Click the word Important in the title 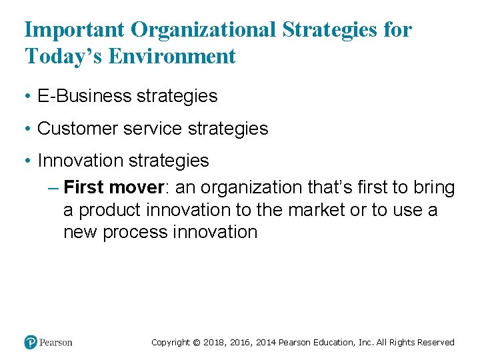pyautogui.click(x=75, y=30)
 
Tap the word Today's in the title pyautogui.click(x=62, y=57)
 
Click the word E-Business pyautogui.click(x=85, y=96)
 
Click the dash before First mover pyautogui.click(x=54, y=188)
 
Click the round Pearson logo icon pyautogui.click(x=31, y=342)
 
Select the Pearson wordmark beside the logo pyautogui.click(x=56, y=343)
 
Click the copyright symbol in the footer pyautogui.click(x=196, y=343)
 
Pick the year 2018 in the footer pyautogui.click(x=214, y=343)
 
